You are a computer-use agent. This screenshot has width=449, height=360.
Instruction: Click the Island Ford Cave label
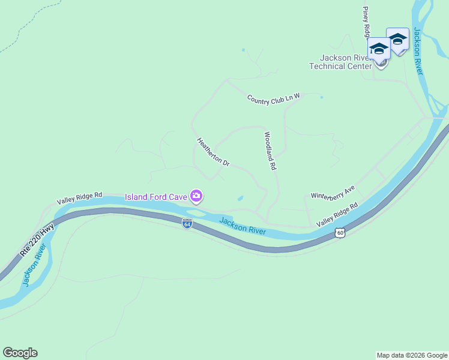(155, 196)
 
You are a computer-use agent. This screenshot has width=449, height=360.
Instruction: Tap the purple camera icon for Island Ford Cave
(196, 196)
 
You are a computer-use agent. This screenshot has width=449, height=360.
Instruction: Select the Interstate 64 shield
(187, 224)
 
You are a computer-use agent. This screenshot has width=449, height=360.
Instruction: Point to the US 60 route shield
(340, 232)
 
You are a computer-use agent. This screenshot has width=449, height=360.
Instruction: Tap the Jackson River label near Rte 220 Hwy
(33, 269)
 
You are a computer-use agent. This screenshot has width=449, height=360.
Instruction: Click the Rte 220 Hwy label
(37, 241)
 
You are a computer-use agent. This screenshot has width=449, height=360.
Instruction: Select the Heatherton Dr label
(213, 152)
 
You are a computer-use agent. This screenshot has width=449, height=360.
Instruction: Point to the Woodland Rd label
(270, 151)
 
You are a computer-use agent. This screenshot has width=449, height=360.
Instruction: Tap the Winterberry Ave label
(333, 192)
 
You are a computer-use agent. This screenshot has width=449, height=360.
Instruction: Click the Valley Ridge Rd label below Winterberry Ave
(337, 214)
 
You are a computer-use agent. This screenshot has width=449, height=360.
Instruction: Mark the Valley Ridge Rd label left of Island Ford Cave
(80, 199)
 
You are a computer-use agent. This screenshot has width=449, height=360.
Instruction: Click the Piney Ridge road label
(366, 23)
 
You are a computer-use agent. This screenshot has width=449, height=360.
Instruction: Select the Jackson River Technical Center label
(340, 62)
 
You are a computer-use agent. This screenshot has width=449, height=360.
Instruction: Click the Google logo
(20, 353)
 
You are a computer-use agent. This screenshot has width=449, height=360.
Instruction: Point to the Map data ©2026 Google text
(412, 355)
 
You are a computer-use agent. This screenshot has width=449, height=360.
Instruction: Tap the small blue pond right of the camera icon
(240, 198)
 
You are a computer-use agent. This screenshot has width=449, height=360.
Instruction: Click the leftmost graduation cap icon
(379, 47)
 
